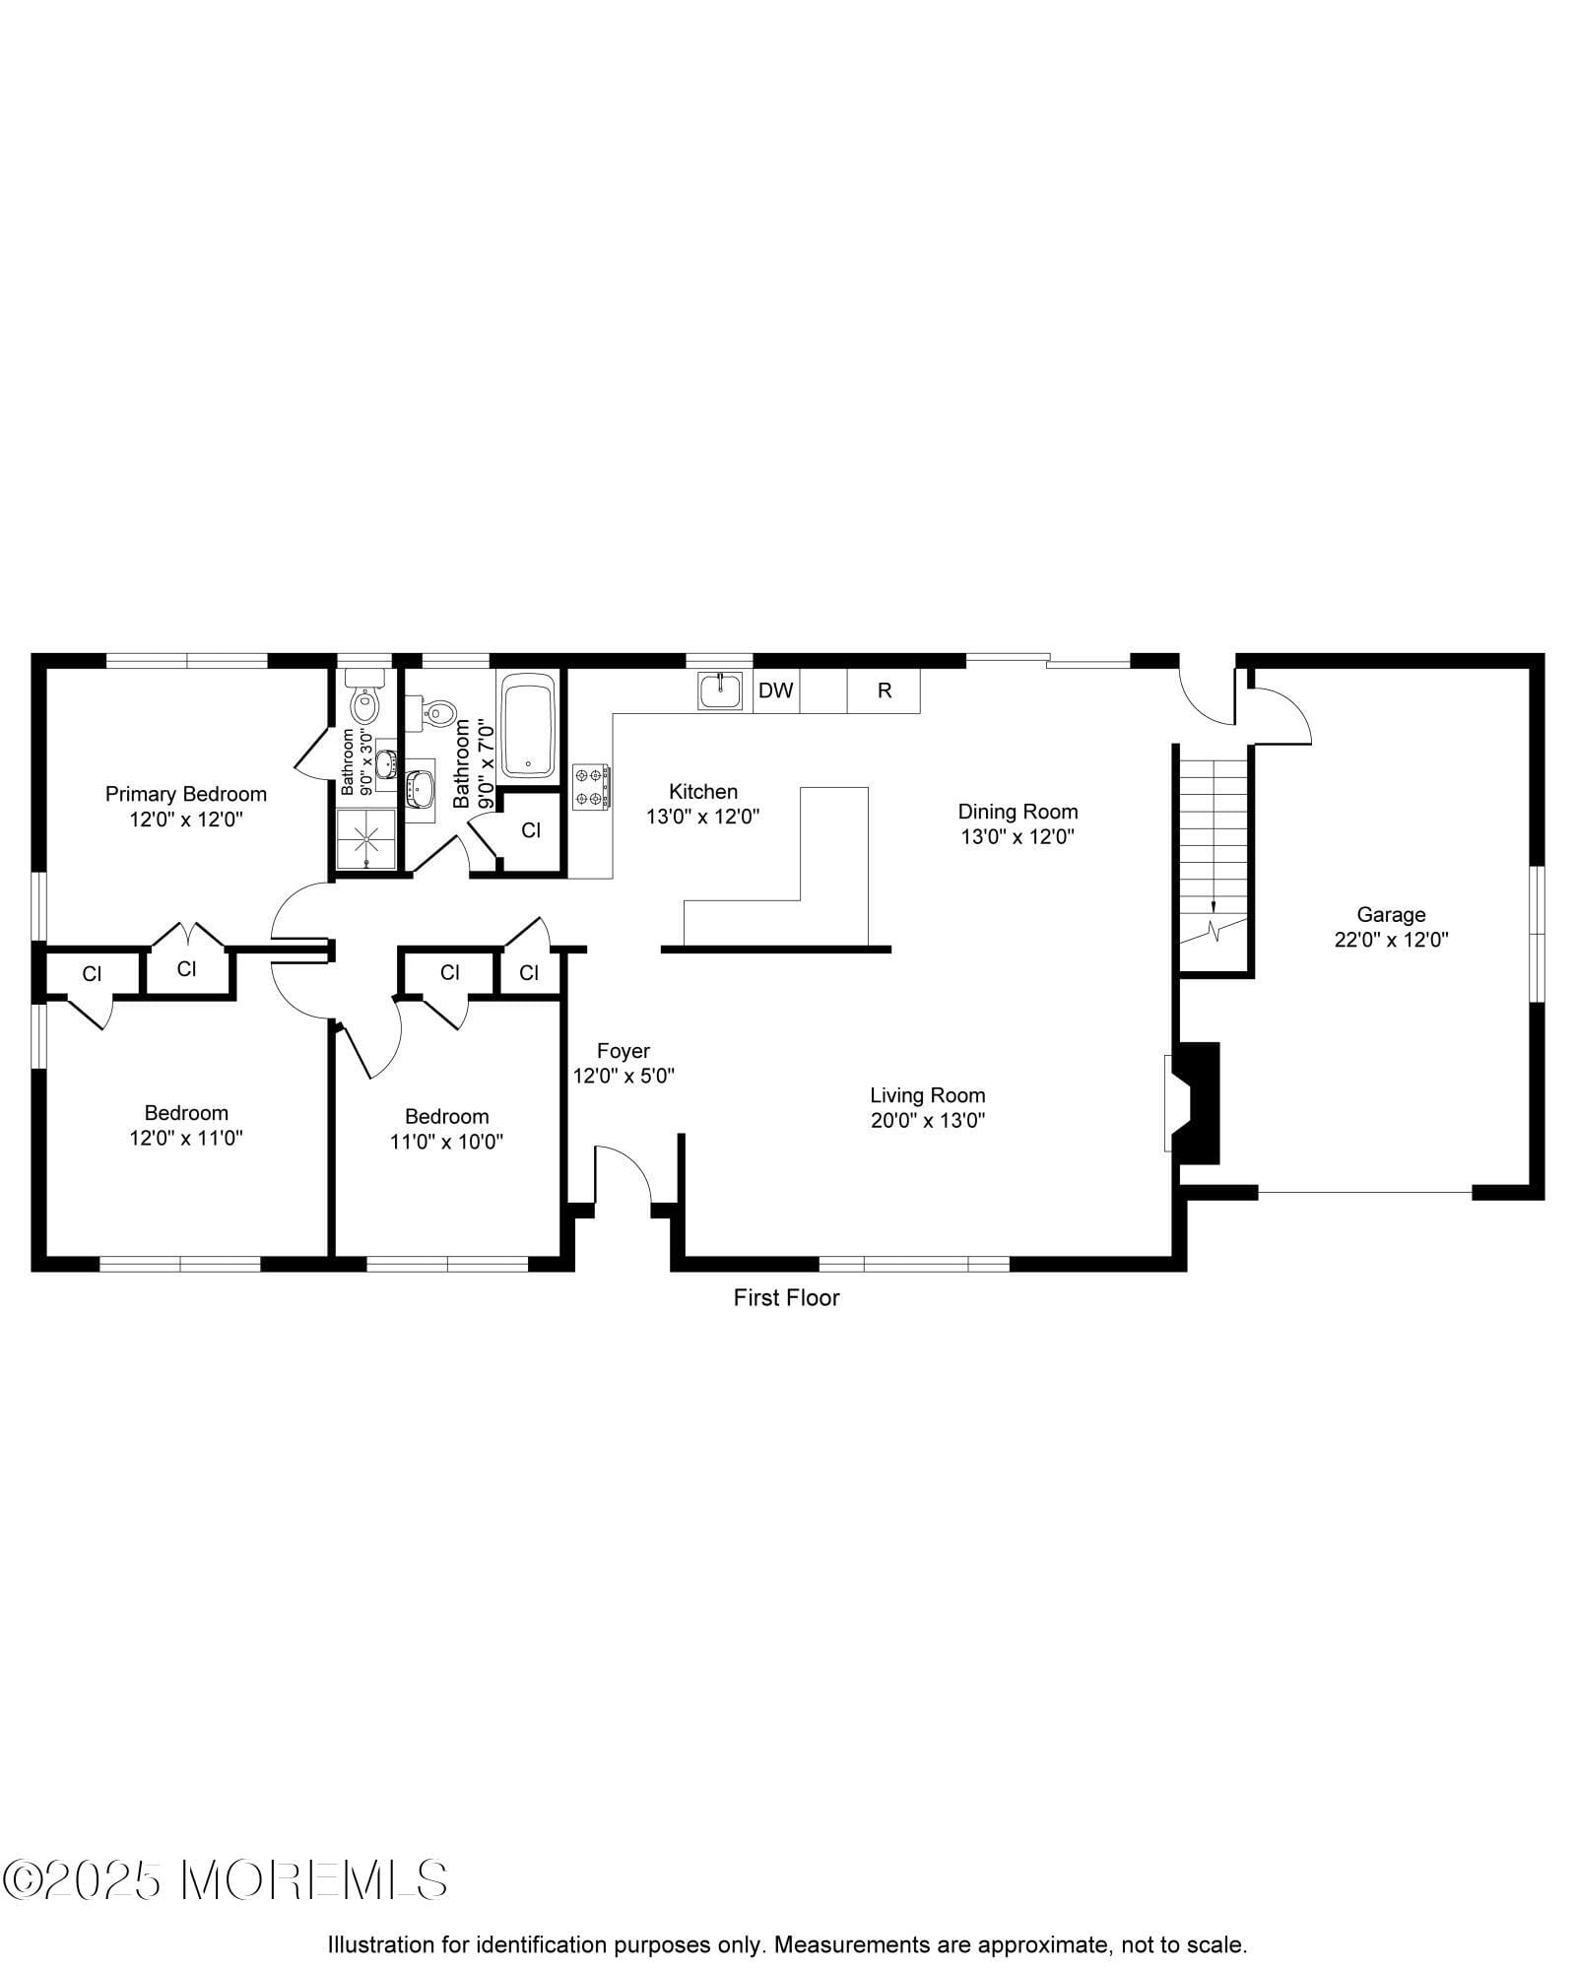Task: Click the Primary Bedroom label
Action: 185,794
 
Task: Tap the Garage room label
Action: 1391,914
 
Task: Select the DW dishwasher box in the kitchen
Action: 776,690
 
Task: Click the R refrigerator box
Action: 884,690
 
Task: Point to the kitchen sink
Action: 721,690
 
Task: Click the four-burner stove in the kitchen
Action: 591,787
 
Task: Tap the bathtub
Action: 529,725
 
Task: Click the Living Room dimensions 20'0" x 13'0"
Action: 928,1120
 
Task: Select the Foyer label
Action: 624,1051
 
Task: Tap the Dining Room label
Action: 1018,812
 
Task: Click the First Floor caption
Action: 786,1298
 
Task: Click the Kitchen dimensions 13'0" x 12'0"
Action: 702,817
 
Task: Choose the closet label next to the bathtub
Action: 531,830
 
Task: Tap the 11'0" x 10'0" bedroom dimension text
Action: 446,1142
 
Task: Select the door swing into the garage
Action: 1280,714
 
